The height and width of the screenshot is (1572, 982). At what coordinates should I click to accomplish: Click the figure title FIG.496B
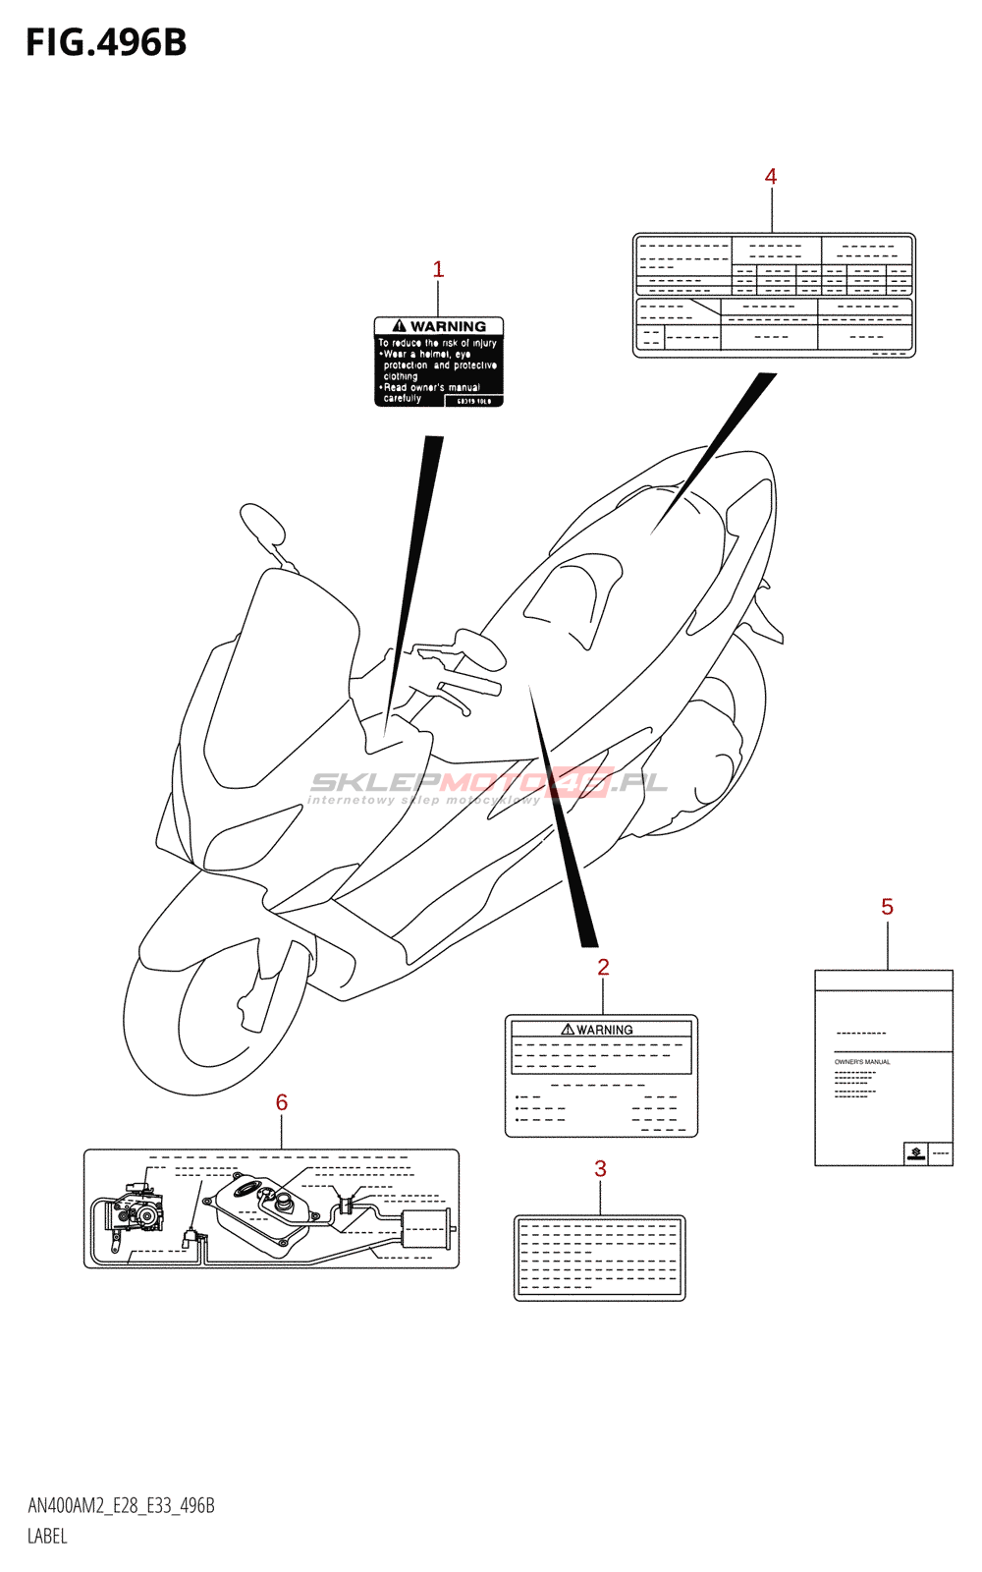pyautogui.click(x=106, y=43)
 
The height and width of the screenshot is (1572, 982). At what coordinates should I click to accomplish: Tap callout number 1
pyautogui.click(x=438, y=269)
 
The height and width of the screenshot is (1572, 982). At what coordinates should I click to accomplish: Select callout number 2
pyautogui.click(x=603, y=967)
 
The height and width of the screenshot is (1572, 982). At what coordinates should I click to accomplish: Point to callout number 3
pyautogui.click(x=600, y=1169)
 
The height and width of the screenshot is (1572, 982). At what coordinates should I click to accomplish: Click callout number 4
pyautogui.click(x=771, y=177)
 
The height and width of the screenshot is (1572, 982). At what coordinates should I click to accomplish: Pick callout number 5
pyautogui.click(x=887, y=907)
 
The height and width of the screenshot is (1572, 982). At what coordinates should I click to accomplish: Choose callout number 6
pyautogui.click(x=282, y=1102)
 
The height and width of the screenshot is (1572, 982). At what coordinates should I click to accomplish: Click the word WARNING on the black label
pyautogui.click(x=448, y=326)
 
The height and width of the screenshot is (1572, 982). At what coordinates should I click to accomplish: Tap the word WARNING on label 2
pyautogui.click(x=604, y=1030)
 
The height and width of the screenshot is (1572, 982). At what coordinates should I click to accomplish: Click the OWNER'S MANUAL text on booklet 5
pyautogui.click(x=862, y=1062)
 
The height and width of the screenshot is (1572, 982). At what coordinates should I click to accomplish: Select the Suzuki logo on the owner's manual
pyautogui.click(x=916, y=1153)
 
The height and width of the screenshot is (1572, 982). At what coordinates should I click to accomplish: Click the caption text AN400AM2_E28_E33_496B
pyautogui.click(x=121, y=1506)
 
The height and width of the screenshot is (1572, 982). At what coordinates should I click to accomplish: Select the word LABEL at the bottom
pyautogui.click(x=47, y=1537)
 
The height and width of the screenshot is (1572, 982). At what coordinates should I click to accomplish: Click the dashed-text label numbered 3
pyautogui.click(x=599, y=1258)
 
